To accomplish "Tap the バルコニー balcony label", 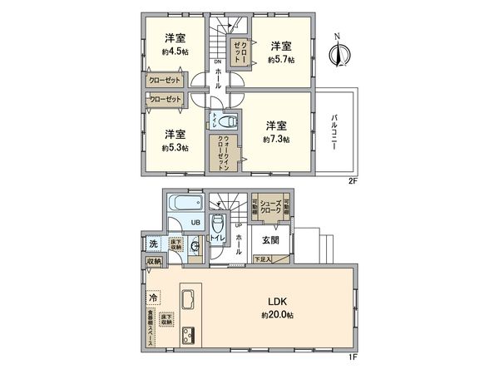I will click(x=333, y=132).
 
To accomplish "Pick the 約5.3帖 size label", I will click(x=174, y=147).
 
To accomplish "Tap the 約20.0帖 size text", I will click(x=276, y=316).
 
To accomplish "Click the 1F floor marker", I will click(x=352, y=357).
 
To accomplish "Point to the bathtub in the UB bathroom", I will click(x=183, y=204).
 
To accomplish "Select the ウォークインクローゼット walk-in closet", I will click(x=223, y=153).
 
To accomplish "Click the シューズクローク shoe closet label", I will click(x=271, y=208).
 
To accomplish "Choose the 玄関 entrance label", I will click(x=271, y=240).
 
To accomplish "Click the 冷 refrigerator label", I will click(x=154, y=297).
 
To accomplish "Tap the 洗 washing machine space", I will click(x=155, y=244).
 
